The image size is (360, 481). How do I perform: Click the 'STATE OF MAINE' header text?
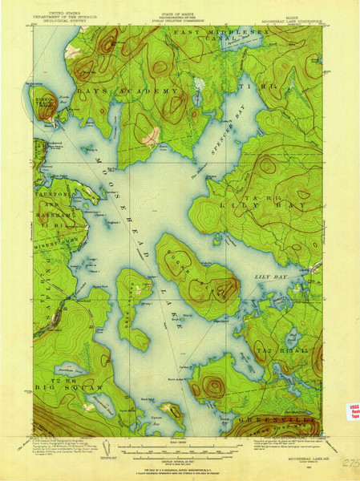point(180,6)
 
